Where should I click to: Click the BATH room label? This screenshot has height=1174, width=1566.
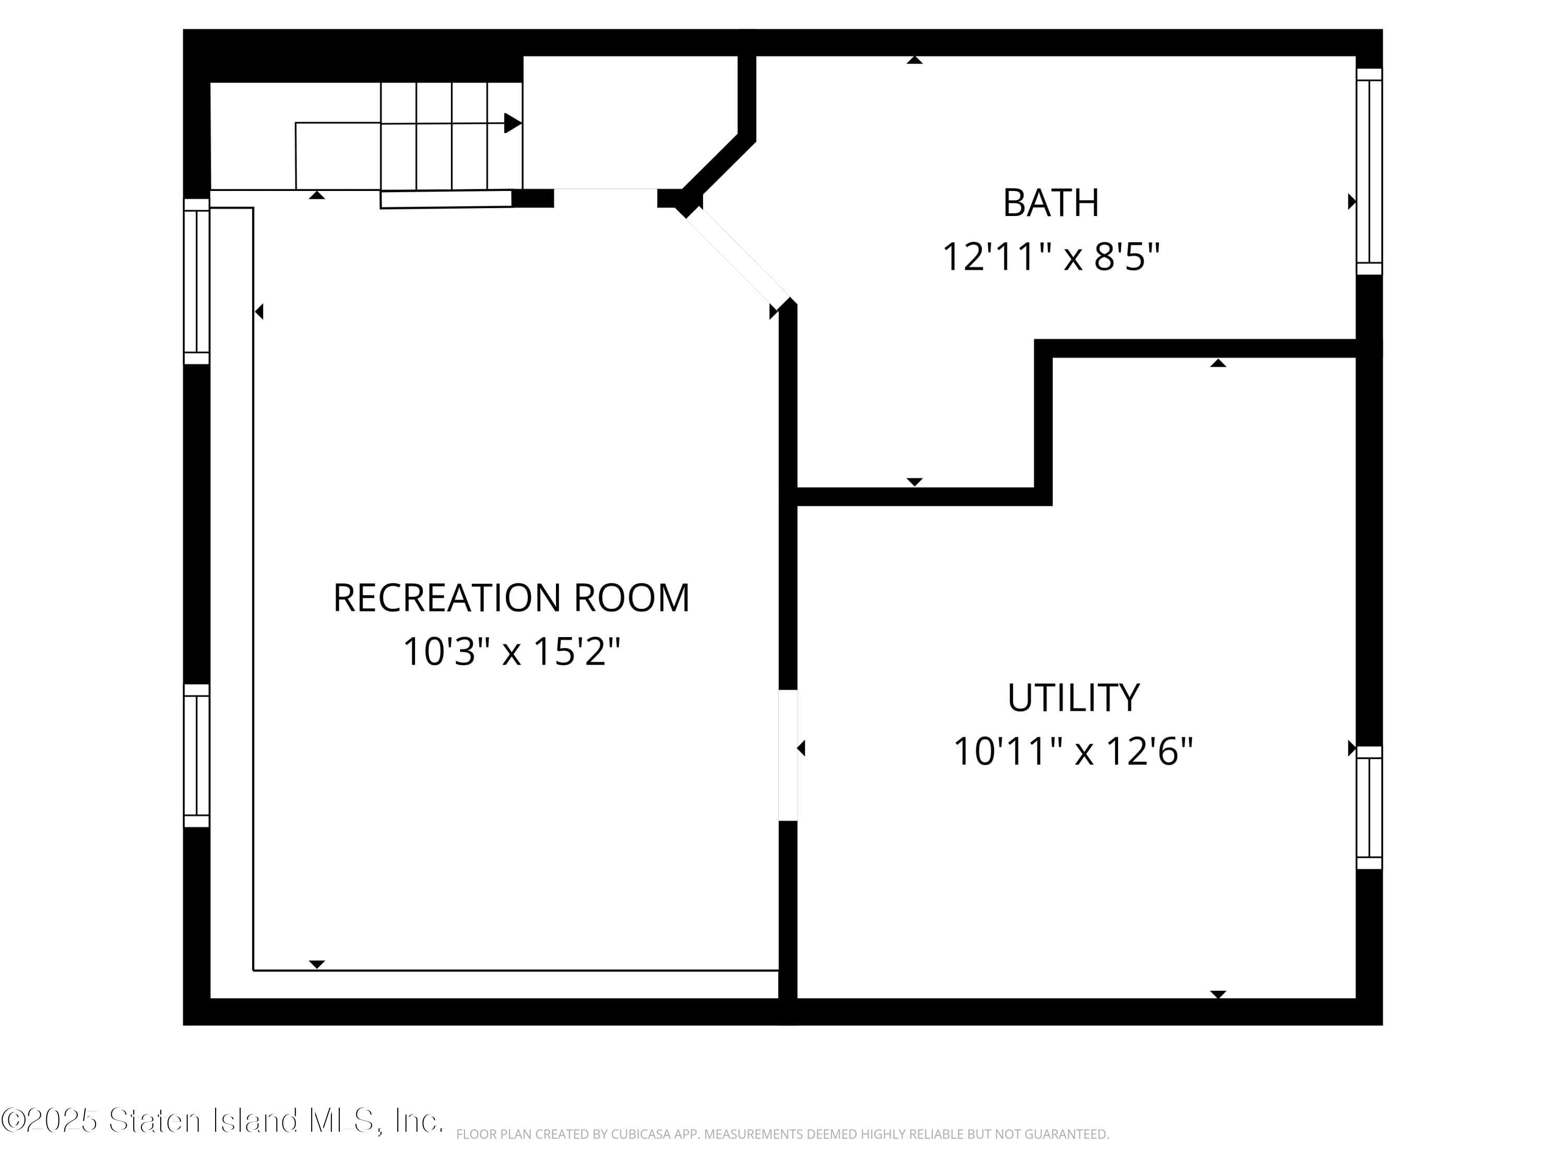click(1051, 203)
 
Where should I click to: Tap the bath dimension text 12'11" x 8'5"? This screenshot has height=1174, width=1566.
click(1051, 256)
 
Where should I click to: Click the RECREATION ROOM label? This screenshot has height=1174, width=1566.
click(511, 598)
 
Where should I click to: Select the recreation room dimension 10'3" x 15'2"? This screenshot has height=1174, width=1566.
click(511, 651)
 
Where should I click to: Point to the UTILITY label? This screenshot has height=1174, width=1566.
click(1073, 698)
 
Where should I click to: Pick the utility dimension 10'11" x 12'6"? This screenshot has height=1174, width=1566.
click(1073, 751)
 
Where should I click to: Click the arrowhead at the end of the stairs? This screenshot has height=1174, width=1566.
click(513, 123)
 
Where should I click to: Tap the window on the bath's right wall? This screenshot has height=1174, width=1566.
click(1369, 171)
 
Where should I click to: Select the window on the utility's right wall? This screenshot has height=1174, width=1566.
click(1369, 807)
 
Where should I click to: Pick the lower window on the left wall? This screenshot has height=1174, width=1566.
click(197, 755)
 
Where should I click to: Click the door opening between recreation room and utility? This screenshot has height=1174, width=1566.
click(788, 755)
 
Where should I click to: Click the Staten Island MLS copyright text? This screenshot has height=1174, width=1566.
click(222, 1121)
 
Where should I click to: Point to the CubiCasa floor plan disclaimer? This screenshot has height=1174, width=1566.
click(782, 1134)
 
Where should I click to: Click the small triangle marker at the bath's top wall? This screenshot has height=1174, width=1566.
click(915, 60)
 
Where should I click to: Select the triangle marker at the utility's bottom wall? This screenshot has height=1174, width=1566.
click(1218, 995)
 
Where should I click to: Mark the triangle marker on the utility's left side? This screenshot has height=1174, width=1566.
click(801, 748)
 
